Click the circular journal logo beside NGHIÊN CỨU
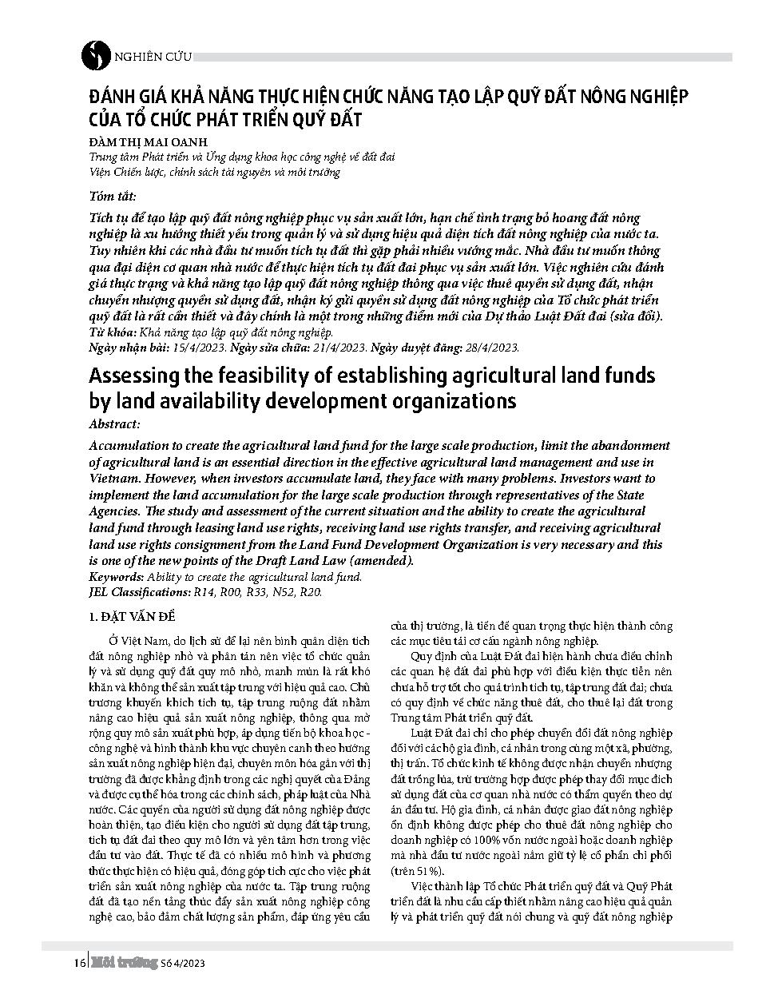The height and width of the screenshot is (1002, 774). coord(97,54)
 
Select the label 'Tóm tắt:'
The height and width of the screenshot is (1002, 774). coord(113,197)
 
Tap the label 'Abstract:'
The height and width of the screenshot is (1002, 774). coord(114,424)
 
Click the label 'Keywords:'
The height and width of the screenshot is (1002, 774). coord(116,577)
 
